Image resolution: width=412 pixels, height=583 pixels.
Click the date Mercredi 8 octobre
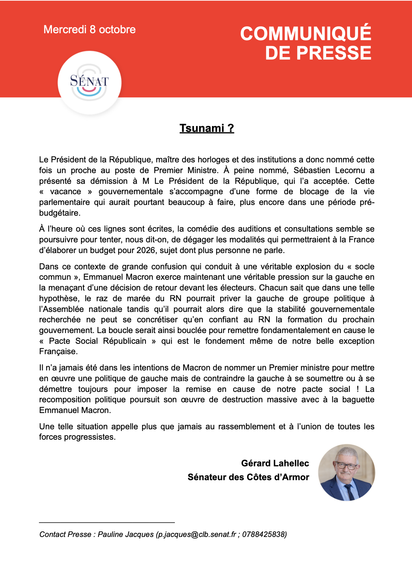(89, 30)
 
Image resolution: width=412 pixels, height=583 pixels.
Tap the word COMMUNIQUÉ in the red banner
(306, 34)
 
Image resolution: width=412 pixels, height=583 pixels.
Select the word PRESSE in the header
(334, 53)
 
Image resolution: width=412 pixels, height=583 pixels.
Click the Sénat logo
(89, 82)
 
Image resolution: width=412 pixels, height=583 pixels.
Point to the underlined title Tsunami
(206, 128)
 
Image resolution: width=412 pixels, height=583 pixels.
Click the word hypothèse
(60, 298)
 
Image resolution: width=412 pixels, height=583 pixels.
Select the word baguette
(358, 400)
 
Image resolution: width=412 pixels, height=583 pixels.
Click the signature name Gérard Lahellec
(275, 463)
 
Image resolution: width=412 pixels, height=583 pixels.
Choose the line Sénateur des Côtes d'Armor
(248, 477)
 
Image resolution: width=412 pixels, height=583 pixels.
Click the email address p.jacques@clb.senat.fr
(197, 534)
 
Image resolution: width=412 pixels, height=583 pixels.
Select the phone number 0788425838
(263, 534)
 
